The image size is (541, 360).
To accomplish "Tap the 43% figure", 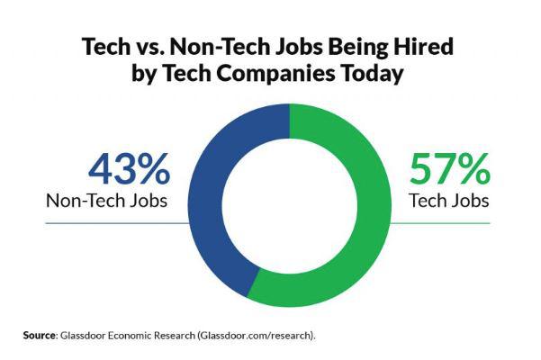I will point(128,169).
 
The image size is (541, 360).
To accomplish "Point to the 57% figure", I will point(450,169).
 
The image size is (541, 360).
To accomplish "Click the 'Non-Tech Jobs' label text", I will point(106,200).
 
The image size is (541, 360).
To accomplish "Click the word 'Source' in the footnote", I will point(39,335).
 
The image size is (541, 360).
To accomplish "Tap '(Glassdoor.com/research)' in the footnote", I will point(266,335).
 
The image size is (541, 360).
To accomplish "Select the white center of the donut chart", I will point(291,206).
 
